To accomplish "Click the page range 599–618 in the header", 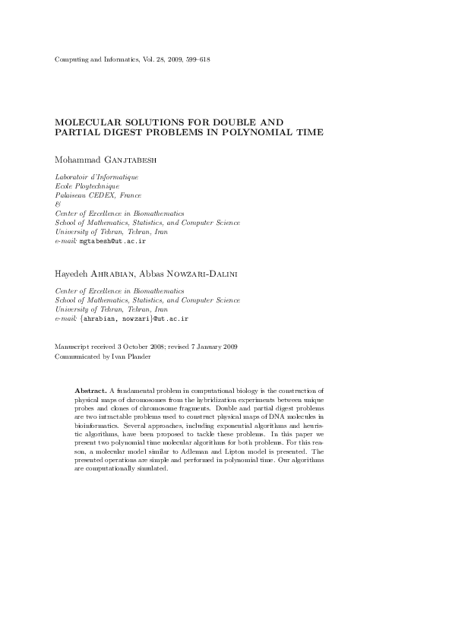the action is coord(199,59).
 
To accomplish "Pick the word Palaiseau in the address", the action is coord(71,195).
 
